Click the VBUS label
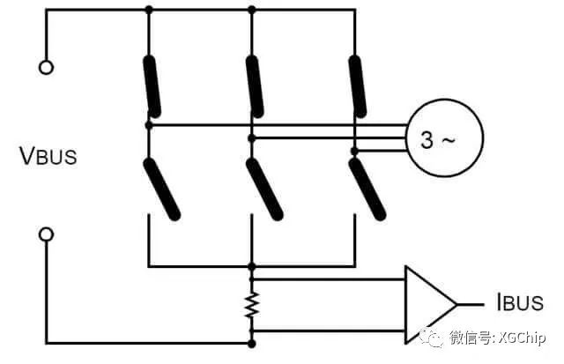coord(48,156)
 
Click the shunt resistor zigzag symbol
coord(252,305)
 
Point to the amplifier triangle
coord(428,304)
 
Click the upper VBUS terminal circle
coord(47,67)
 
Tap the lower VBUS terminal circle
coord(47,234)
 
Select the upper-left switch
coord(152,86)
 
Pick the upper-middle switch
coord(254,86)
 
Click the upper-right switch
coord(356,86)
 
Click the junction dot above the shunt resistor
coord(253,265)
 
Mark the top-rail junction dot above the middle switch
coord(253,10)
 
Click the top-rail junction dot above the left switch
coord(148,10)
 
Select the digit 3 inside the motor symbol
coord(427,140)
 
